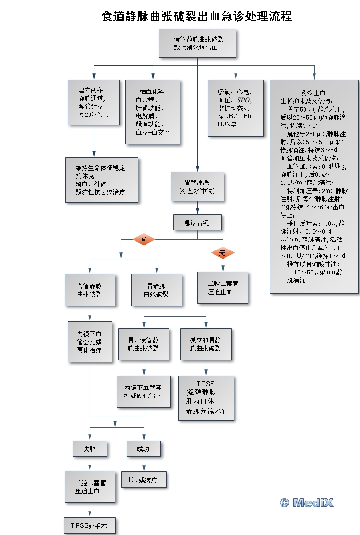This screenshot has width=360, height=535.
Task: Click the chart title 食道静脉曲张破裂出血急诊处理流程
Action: click(x=197, y=16)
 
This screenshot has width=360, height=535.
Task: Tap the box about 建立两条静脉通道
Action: click(x=94, y=102)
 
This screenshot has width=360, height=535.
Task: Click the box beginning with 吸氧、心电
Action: click(x=236, y=108)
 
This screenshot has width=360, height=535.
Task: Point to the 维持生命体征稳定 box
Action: click(x=101, y=179)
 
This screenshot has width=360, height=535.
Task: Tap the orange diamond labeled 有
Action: click(x=143, y=239)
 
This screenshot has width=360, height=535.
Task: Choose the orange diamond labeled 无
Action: click(x=222, y=253)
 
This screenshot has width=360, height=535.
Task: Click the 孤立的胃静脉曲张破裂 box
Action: click(x=206, y=344)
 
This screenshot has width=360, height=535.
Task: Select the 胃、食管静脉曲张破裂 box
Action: click(x=144, y=344)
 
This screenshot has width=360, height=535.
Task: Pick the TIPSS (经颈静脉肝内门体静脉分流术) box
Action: click(x=206, y=398)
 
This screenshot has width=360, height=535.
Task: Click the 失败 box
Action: click(x=90, y=449)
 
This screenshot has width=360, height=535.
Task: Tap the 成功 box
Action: click(x=143, y=449)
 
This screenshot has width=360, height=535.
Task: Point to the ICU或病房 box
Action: click(x=143, y=479)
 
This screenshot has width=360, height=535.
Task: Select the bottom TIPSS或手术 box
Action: click(x=90, y=525)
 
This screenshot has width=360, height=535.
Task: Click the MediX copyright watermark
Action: click(x=306, y=502)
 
